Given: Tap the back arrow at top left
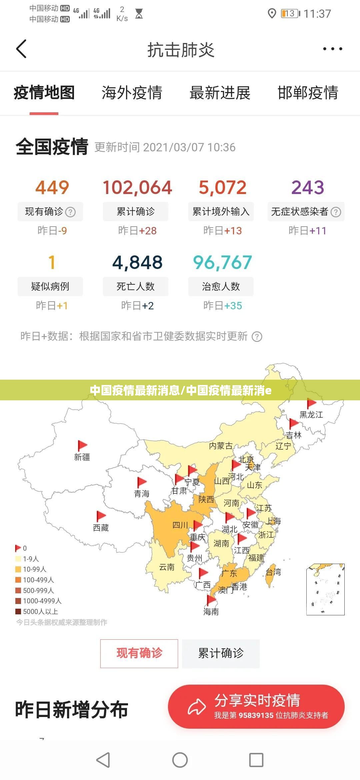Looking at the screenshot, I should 21,49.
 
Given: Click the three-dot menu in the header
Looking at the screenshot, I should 332,49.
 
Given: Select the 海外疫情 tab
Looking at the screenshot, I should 132,93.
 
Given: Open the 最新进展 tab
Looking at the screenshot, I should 220,93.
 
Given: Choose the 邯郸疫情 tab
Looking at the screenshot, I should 308,93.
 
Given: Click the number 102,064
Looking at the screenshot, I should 137,187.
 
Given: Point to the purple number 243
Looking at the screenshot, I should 307,187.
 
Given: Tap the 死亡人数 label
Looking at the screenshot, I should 135,286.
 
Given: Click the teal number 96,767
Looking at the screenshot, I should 222,262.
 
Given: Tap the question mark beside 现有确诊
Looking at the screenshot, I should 70,212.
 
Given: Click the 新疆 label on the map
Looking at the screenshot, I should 82,457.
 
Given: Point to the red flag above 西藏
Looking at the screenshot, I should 101,516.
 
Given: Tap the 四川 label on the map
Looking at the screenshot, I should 180,525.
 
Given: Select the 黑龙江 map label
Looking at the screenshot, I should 311,415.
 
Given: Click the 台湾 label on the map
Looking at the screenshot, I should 273,572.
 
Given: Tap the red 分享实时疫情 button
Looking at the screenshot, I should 256,707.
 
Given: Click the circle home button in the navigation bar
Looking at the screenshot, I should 180,760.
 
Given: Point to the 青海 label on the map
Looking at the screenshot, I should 142,494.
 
